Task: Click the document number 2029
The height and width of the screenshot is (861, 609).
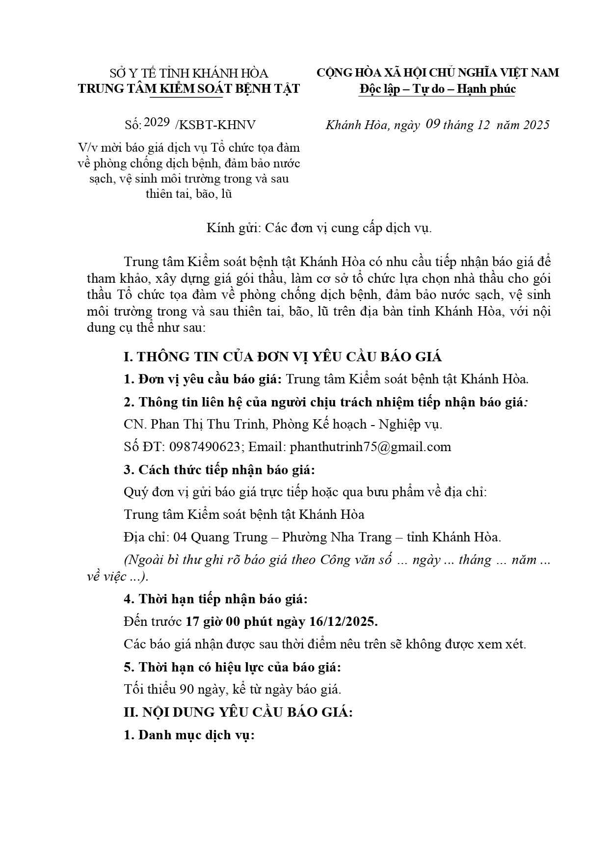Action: pyautogui.click(x=157, y=123)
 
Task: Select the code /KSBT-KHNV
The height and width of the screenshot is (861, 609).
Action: pyautogui.click(x=215, y=125)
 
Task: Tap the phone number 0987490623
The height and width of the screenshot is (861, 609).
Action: pyautogui.click(x=205, y=447)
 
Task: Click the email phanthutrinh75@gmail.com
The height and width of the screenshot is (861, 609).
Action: pyautogui.click(x=371, y=447)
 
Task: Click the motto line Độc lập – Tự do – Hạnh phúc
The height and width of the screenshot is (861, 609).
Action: pyautogui.click(x=437, y=89)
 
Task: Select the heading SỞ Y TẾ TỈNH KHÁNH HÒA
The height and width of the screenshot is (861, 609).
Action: pyautogui.click(x=189, y=74)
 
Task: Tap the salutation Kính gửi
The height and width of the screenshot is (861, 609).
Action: pyautogui.click(x=233, y=228)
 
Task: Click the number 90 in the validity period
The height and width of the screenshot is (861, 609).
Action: pyautogui.click(x=186, y=689)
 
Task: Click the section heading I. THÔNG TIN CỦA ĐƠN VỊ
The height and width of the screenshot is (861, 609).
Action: pyautogui.click(x=282, y=357)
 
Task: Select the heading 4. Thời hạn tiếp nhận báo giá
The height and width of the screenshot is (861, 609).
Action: pyautogui.click(x=216, y=599)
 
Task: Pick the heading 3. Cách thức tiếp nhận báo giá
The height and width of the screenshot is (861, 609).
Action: pyautogui.click(x=219, y=470)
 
